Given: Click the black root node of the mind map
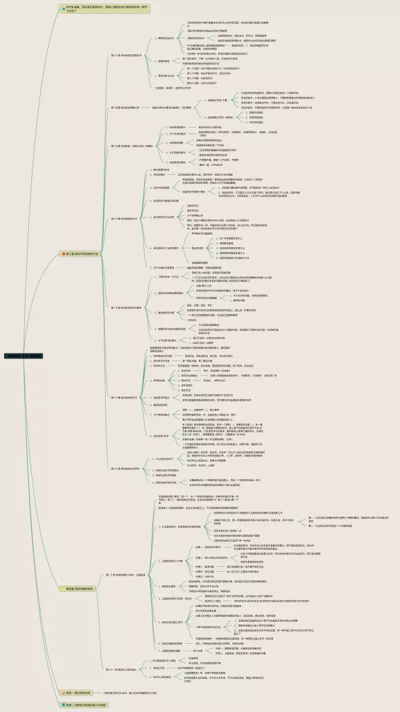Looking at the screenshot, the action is click(x=24, y=355).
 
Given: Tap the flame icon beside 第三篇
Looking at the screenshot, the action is click(x=63, y=253).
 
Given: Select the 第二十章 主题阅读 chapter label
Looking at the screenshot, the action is click(x=125, y=574).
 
